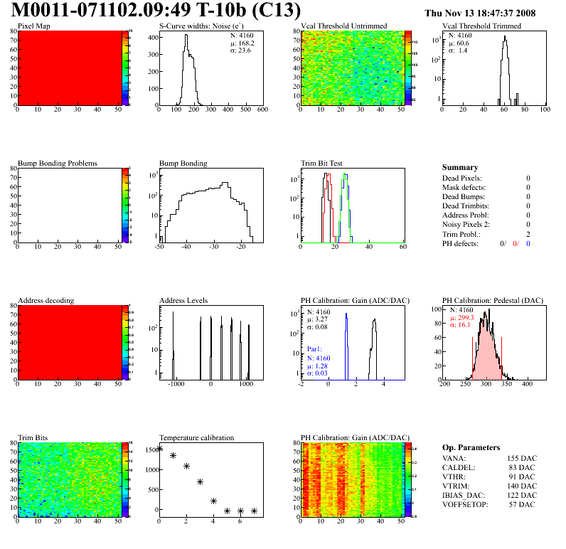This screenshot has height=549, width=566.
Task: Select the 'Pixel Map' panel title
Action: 33,26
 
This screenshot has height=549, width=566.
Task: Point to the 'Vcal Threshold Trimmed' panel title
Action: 481,26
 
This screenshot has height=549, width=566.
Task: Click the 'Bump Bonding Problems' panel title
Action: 57,163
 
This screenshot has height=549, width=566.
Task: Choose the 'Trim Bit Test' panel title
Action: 322,163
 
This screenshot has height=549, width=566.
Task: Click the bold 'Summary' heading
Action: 460,167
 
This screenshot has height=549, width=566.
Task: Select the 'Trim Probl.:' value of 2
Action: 528,234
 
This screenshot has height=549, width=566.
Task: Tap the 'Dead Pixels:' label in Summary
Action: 462,178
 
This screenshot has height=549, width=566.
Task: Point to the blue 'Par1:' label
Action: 316,350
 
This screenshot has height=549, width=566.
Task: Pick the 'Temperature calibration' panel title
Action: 196,437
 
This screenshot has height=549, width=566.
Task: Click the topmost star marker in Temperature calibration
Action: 159,448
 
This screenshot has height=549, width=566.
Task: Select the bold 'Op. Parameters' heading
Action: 471,447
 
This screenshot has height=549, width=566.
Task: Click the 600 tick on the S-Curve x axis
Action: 262,110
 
